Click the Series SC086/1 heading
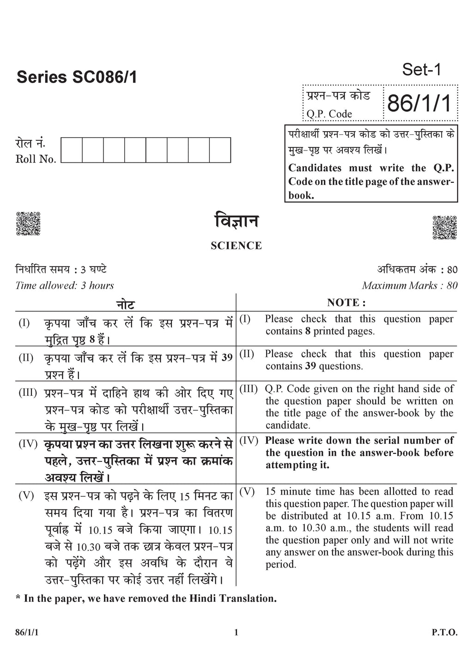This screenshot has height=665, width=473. [77, 77]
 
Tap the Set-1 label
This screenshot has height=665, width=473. [422, 70]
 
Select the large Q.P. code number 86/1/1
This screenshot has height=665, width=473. [419, 103]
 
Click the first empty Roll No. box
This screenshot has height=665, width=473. [72, 150]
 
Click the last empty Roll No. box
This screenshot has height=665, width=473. [220, 150]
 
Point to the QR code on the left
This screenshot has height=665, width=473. [28, 224]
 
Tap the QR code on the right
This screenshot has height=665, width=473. [444, 227]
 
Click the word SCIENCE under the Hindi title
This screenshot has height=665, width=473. [236, 246]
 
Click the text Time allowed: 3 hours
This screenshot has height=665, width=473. [65, 285]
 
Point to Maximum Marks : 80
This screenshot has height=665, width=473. [410, 285]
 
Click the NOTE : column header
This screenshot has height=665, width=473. [346, 303]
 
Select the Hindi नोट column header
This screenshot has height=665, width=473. [125, 304]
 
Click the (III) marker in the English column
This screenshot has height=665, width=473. [249, 389]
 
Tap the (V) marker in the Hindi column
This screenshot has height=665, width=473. [26, 496]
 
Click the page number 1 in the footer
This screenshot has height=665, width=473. [236, 633]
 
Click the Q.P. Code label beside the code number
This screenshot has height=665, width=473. [329, 114]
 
